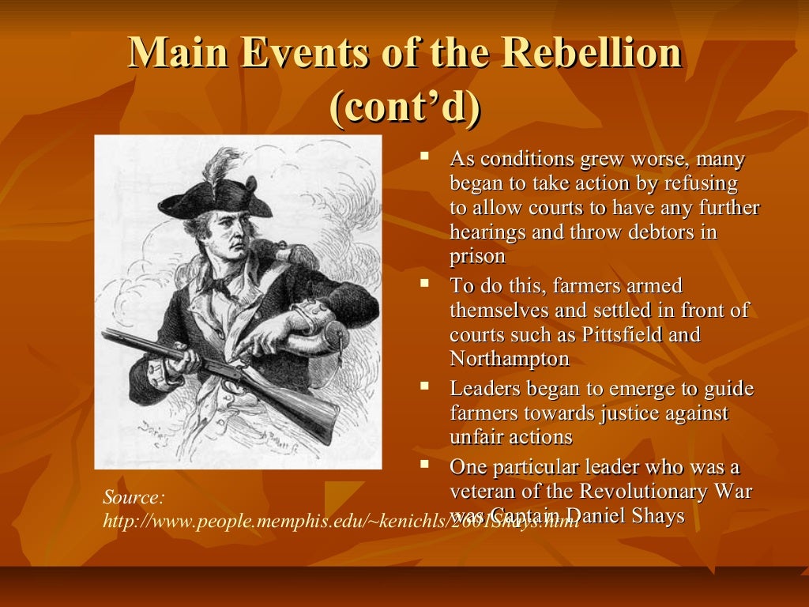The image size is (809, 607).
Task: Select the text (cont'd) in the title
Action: coord(404,108)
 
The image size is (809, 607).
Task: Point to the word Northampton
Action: coord(510,358)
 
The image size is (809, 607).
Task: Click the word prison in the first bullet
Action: coord(477,256)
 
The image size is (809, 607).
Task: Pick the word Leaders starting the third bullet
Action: coord(484,389)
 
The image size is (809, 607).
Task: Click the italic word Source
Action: coord(134,498)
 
